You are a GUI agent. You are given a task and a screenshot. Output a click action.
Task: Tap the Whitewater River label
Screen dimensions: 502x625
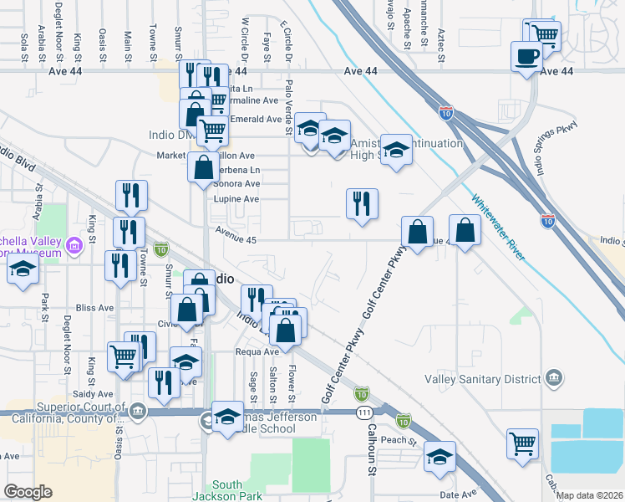click(499, 228)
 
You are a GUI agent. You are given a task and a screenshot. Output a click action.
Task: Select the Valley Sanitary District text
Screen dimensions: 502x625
click(482, 379)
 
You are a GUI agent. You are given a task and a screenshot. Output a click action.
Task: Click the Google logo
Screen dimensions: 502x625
click(28, 492)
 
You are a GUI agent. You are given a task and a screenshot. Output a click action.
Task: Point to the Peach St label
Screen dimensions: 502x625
click(400, 440)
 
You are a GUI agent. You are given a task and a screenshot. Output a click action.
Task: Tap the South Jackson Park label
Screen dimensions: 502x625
click(226, 491)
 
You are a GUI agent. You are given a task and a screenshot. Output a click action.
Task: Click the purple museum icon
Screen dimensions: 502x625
click(74, 246)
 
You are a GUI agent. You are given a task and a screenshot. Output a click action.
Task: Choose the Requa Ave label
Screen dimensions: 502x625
click(255, 352)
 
